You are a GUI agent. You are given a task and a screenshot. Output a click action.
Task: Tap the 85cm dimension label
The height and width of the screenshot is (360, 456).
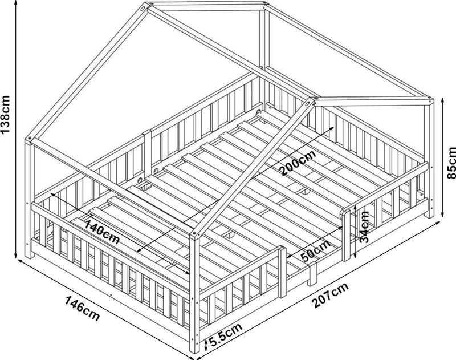tap(450, 163)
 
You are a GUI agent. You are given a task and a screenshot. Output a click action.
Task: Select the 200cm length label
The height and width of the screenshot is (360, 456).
tap(296, 163)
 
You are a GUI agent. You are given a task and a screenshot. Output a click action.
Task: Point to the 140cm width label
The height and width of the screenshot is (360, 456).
tap(103, 232)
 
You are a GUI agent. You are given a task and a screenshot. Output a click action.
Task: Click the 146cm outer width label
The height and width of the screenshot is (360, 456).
tap(82, 309)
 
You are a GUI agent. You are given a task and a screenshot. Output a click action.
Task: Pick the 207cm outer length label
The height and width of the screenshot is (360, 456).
tap(329, 295)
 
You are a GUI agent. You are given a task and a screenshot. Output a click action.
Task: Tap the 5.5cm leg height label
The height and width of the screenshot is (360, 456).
tap(226, 335)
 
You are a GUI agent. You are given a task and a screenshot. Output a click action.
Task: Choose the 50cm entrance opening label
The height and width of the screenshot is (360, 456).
tap(315, 250)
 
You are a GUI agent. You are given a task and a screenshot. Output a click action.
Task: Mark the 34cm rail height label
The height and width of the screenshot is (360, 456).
tap(364, 226)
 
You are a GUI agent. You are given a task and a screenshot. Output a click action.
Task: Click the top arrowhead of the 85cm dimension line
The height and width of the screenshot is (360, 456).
tap(443, 100)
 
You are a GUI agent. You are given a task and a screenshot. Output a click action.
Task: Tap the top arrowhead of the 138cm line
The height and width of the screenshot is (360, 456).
tap(15, 3)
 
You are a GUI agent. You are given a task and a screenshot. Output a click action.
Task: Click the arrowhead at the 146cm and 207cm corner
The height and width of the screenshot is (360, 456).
tap(196, 357)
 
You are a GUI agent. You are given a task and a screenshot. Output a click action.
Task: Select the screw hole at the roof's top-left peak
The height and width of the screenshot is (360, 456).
tap(142, 9)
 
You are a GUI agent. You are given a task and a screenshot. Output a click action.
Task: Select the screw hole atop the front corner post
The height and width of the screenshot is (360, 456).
tap(194, 233)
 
